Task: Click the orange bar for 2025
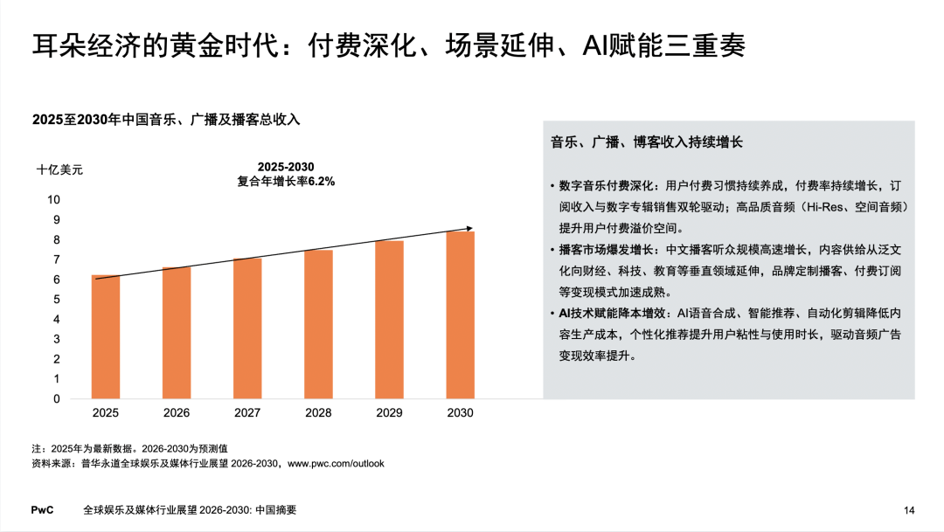point(106,336)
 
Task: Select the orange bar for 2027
point(247,328)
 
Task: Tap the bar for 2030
point(460,314)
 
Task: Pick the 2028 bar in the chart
point(318,324)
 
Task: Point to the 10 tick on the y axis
point(53,200)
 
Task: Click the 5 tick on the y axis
point(57,299)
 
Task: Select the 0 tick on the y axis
point(57,398)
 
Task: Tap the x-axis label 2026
point(177,413)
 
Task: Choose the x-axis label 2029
point(389,413)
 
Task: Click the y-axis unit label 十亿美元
point(59,169)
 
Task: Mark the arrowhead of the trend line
point(469,229)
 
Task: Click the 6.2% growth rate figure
point(322,181)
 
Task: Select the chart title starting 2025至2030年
point(166,119)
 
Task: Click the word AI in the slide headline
point(595,45)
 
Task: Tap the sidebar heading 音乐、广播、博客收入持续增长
point(647,142)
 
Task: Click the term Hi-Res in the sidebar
point(825,207)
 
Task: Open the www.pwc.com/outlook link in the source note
point(336,463)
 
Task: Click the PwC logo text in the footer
point(42,510)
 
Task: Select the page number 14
point(909,510)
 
